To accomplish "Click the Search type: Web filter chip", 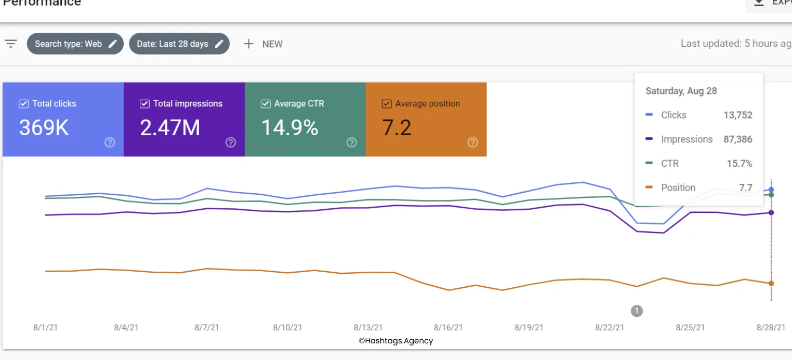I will [x=75, y=44].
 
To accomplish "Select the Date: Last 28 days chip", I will [x=179, y=44].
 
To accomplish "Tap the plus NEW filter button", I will [x=263, y=44].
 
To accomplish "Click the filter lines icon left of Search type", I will [x=11, y=44].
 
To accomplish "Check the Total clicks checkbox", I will [x=23, y=104].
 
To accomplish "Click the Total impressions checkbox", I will [x=144, y=104].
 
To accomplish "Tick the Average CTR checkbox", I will [x=266, y=104].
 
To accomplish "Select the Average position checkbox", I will [x=387, y=104].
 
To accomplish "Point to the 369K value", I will [x=44, y=128].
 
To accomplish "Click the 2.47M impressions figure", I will [x=170, y=128].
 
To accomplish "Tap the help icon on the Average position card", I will [x=472, y=142].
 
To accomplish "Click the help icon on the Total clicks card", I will [x=110, y=142].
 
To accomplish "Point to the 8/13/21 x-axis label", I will [x=368, y=328].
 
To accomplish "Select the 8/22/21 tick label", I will [x=610, y=328].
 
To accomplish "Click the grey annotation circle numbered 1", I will [x=637, y=311].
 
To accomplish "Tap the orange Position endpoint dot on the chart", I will [x=771, y=284].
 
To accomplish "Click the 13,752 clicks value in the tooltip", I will [x=738, y=115].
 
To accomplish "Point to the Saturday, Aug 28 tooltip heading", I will [x=681, y=91].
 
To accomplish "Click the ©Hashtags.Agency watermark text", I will [x=396, y=341].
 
